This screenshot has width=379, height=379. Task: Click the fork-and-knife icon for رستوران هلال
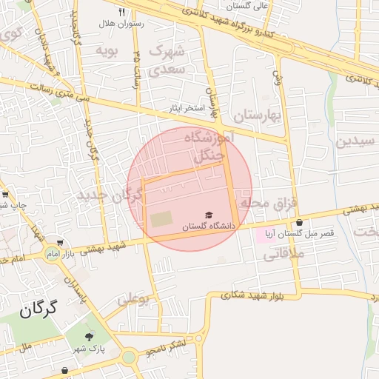pyautogui.click(x=122, y=13)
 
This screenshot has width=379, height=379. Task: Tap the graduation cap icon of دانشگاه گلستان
pyautogui.click(x=208, y=215)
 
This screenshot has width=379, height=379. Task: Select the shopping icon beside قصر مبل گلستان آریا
pyautogui.click(x=299, y=222)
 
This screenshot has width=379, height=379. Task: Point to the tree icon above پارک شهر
pyautogui.click(x=90, y=335)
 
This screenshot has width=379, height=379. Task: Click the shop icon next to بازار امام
pyautogui.click(x=59, y=244)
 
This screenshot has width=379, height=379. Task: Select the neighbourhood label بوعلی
pyautogui.click(x=134, y=298)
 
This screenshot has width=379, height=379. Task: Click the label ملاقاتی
pyautogui.click(x=278, y=255)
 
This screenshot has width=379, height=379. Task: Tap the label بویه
pyautogui.click(x=107, y=50)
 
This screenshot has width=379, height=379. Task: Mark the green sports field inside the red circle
pyautogui.click(x=161, y=220)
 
